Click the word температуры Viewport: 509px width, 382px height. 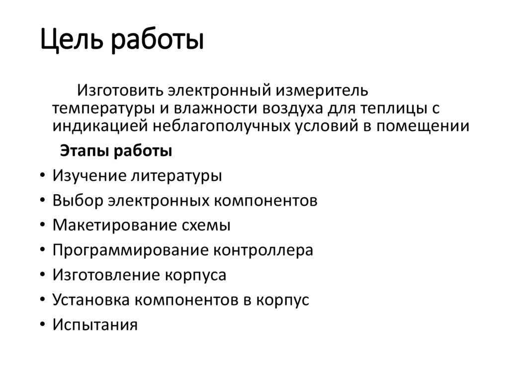[106, 109]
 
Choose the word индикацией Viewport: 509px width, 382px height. [99, 126]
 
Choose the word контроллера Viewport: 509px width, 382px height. [263, 250]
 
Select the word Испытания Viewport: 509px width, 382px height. [94, 325]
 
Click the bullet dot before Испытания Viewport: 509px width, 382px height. [40, 325]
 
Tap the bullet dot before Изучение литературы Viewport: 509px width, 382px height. [40, 176]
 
